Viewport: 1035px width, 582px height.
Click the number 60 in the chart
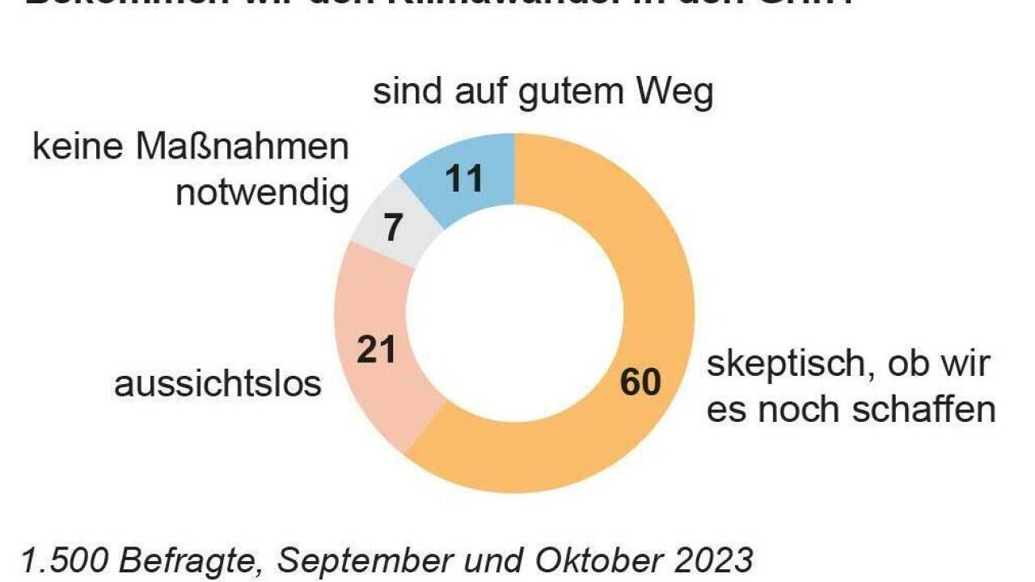(640, 382)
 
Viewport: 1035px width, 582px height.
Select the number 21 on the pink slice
(377, 349)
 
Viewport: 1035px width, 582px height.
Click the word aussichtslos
(218, 384)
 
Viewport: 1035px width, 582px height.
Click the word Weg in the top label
(674, 94)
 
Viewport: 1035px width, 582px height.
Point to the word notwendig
(263, 195)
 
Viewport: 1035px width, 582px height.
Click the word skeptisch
(776, 365)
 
